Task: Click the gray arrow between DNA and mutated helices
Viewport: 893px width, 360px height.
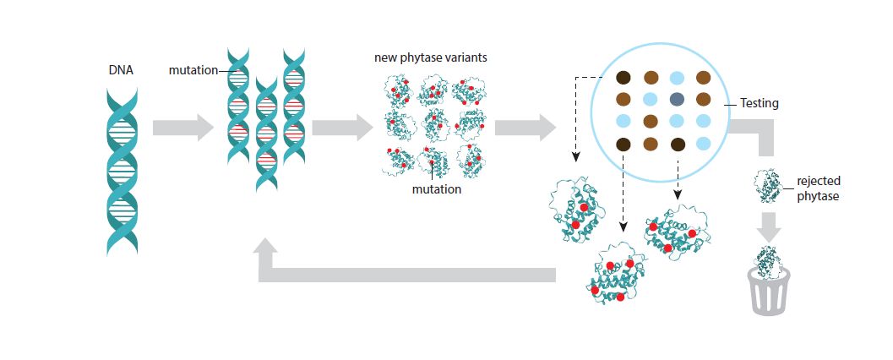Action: [182, 128]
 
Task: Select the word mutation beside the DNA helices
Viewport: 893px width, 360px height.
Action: [193, 71]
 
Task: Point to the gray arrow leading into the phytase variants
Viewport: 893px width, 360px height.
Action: [342, 128]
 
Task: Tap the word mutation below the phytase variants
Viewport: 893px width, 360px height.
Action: [436, 189]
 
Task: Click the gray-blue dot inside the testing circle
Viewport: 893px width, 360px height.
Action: [677, 99]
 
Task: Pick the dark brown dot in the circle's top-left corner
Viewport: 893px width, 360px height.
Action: [623, 79]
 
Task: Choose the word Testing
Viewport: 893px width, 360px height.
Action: [759, 103]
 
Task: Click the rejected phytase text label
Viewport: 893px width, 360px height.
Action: [819, 188]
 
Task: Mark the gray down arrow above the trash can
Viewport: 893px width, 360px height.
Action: [769, 226]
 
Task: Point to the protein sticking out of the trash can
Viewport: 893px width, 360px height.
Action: [768, 260]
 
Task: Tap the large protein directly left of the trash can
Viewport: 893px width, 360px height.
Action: [678, 232]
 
